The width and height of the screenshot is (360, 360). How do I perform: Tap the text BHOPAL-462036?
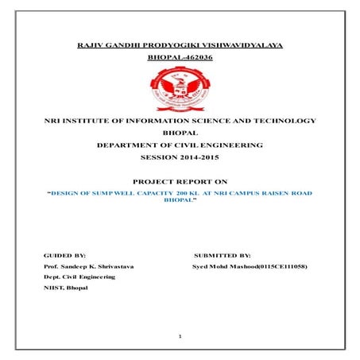tap(180, 58)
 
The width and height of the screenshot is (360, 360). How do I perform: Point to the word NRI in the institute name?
tap(53, 120)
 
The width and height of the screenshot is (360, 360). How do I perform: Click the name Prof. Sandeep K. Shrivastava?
tap(89, 265)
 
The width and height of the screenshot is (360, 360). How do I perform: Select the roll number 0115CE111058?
tap(283, 265)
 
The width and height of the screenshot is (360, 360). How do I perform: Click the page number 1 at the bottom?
tap(180, 337)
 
